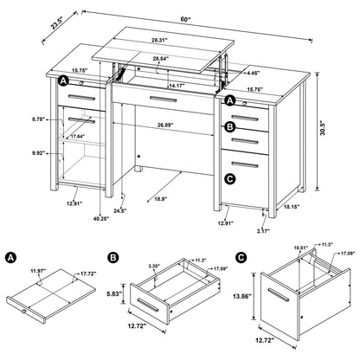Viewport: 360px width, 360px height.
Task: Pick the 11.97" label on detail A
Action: (36, 272)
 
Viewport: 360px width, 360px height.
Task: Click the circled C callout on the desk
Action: (229, 178)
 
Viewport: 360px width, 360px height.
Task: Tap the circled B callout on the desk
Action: (229, 127)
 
